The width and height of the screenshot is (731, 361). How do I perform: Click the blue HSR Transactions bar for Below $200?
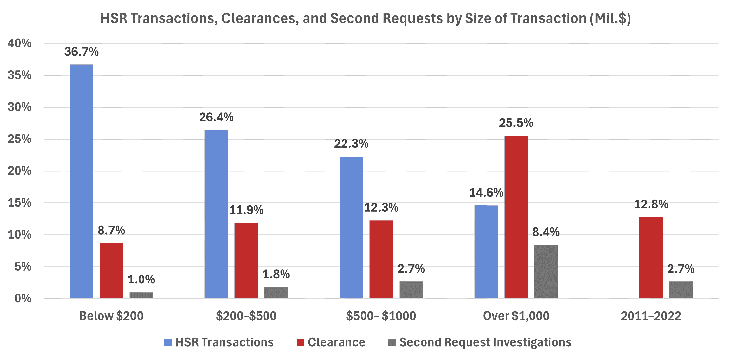click(81, 182)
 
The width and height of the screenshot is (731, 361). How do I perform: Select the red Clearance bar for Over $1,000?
click(516, 217)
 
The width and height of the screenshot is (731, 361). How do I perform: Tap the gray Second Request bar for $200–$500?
click(276, 293)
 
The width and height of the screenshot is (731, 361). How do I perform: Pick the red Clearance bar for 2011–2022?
click(651, 258)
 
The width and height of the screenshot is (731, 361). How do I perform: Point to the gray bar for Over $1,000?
click(546, 272)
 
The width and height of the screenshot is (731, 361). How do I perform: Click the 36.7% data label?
click(81, 52)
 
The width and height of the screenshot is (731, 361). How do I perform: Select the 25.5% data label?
click(516, 123)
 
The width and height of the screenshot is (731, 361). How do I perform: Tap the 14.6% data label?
click(486, 193)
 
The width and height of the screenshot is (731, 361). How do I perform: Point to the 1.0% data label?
click(141, 280)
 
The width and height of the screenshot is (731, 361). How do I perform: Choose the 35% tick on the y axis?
click(19, 75)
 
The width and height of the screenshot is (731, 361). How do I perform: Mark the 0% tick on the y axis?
click(23, 299)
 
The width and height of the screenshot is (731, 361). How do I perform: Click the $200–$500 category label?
click(246, 316)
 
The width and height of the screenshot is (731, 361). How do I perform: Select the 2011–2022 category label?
click(651, 316)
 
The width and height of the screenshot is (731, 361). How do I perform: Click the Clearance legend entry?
click(336, 342)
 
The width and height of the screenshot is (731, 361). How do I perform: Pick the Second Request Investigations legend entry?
click(485, 342)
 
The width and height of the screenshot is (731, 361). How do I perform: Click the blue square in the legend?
click(168, 342)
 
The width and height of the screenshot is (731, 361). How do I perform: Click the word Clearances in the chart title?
click(260, 19)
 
